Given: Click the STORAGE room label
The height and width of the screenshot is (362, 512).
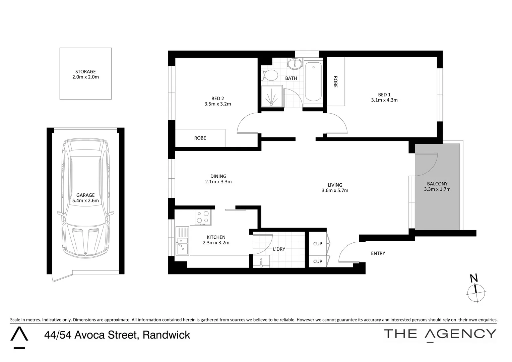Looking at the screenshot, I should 85,71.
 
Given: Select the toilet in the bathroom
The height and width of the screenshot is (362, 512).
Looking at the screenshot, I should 269,75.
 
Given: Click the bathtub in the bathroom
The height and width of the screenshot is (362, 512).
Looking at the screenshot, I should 313,81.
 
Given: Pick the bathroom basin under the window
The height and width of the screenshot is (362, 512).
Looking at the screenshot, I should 295,63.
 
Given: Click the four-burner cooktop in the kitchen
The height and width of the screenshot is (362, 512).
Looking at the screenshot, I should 203,217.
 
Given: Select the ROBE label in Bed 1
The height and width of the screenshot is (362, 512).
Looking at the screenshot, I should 335,81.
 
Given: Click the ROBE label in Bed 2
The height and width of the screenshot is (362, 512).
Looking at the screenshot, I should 200,138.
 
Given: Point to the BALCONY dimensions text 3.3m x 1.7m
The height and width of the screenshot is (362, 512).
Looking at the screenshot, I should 437,189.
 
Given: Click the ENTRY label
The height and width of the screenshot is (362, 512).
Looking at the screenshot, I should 378,253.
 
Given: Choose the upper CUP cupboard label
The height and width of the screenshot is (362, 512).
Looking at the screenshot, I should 317,244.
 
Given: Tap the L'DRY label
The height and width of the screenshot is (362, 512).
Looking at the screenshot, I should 279,249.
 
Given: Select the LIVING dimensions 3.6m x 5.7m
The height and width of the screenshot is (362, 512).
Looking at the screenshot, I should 335,190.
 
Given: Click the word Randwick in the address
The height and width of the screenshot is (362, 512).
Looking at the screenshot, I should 166,335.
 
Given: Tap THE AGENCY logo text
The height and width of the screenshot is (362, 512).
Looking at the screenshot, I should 439,334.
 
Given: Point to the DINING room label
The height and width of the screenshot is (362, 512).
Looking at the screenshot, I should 218,176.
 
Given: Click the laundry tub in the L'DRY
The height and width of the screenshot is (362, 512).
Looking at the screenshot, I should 261,261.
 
